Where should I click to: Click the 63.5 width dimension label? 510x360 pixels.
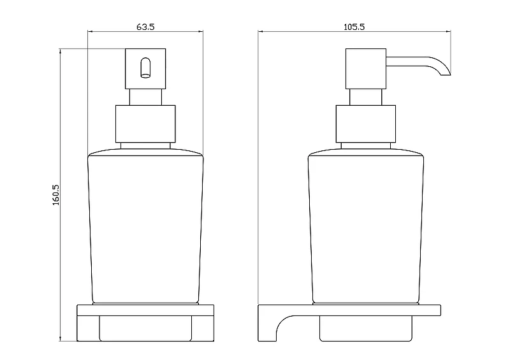pos(145,27)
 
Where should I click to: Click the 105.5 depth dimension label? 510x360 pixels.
pos(354,27)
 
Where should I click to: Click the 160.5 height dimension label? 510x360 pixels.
pos(56,195)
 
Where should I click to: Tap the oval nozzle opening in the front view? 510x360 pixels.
pos(145,68)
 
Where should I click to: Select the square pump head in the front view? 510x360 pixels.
pos(145,69)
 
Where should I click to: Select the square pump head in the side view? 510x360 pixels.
pos(366,69)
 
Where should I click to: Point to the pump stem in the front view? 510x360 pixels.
pos(145,97)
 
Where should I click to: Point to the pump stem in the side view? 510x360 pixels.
pos(366,97)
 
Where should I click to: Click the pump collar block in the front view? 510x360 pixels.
pos(145,124)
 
